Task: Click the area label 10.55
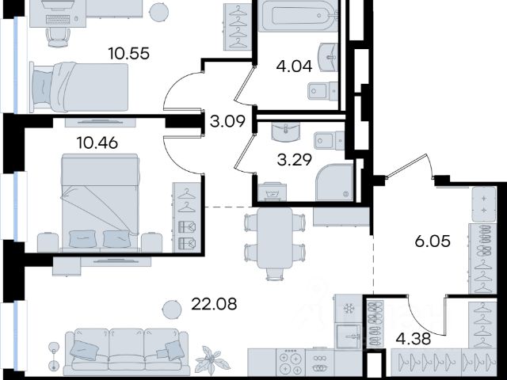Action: click(x=128, y=53)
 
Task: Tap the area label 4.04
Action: click(x=294, y=66)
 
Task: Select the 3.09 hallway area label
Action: click(x=227, y=121)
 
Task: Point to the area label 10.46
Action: click(x=97, y=142)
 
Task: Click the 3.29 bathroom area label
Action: click(x=295, y=160)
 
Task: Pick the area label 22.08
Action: click(x=214, y=304)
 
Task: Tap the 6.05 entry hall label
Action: click(x=433, y=241)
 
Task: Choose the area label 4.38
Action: click(x=414, y=339)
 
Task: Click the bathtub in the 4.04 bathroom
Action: click(x=298, y=15)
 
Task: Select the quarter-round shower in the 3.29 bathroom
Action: click(x=334, y=183)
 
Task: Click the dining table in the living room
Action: click(x=275, y=237)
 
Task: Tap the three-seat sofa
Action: click(x=127, y=351)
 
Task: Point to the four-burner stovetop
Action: click(x=291, y=363)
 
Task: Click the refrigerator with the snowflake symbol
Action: click(x=349, y=308)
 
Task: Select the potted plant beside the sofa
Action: click(x=212, y=359)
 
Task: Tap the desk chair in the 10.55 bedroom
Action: click(x=58, y=37)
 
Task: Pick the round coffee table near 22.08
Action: click(x=172, y=310)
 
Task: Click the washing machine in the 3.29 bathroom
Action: click(x=273, y=192)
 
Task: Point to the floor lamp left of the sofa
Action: click(x=54, y=357)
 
